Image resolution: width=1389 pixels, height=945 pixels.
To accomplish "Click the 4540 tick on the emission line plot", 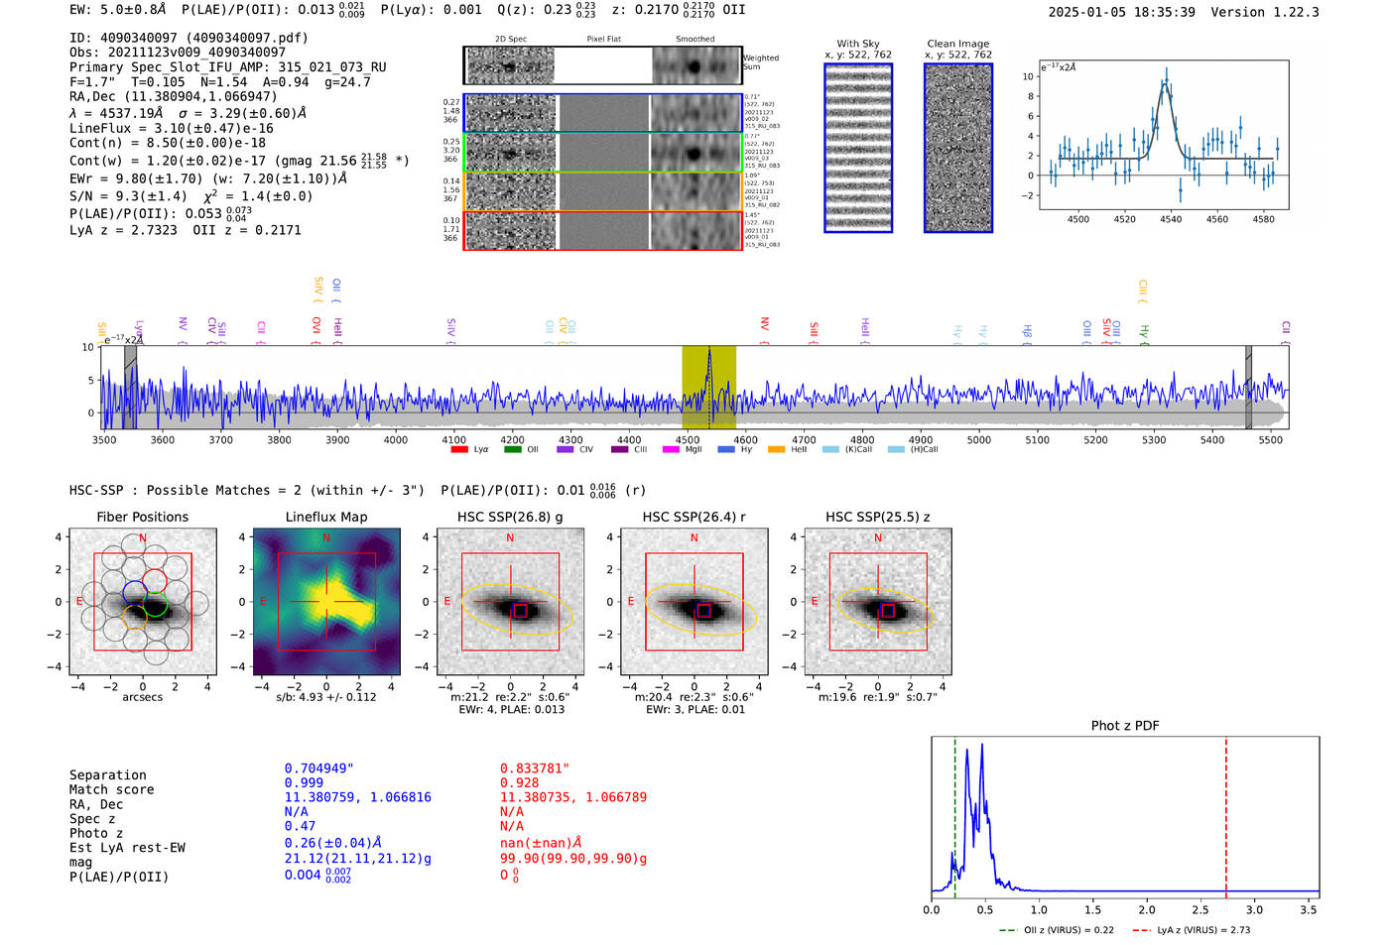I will [x=1171, y=219].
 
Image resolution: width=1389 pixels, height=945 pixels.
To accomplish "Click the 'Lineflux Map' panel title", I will [x=325, y=517].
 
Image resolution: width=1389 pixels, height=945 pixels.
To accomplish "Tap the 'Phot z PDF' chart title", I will [x=1125, y=725].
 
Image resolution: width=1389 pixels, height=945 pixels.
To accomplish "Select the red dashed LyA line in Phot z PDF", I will [x=1225, y=813].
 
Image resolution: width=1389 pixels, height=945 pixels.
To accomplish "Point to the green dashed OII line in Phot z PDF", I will [x=954, y=813].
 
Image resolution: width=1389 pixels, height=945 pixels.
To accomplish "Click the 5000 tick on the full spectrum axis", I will [x=979, y=439].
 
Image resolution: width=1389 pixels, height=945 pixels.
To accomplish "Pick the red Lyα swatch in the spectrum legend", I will [x=459, y=449].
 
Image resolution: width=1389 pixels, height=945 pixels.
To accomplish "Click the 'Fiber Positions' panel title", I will [x=142, y=517].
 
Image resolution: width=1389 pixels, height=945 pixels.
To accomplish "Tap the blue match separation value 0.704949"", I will [x=318, y=768].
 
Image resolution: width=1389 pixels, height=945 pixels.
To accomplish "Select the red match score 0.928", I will [x=520, y=782].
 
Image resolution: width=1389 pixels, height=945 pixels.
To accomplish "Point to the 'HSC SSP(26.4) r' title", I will [x=694, y=517].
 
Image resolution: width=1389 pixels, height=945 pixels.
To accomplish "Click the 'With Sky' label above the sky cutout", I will [x=857, y=44].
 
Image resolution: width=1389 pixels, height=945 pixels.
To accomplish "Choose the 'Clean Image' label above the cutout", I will [x=957, y=44].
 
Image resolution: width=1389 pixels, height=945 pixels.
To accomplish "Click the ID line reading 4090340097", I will [x=189, y=38].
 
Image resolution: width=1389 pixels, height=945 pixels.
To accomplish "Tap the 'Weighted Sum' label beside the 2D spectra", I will [x=761, y=62].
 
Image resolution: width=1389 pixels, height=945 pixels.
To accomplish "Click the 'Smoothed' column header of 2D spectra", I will [x=694, y=39].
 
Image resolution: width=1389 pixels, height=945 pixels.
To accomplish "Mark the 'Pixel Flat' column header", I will [x=603, y=39].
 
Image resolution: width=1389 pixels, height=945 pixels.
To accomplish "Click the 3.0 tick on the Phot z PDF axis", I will [x=1254, y=909].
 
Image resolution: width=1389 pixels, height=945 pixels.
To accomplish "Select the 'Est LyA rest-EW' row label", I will [x=127, y=848].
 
